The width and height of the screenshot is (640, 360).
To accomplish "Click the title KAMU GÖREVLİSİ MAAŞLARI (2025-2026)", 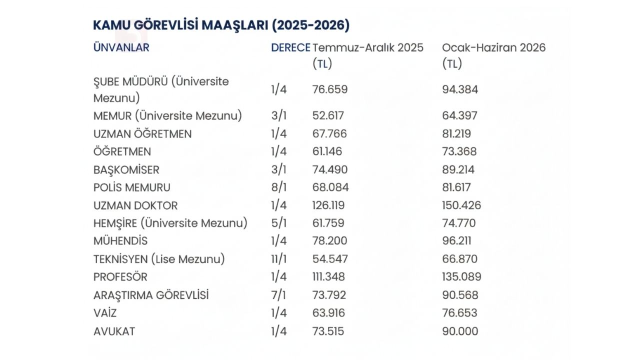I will point(221,25).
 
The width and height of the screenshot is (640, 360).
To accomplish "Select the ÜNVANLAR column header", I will point(121,48).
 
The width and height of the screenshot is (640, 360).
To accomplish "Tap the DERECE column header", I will point(290,48).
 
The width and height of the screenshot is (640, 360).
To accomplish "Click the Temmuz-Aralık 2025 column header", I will point(367,48).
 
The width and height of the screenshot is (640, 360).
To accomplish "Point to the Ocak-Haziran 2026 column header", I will point(493,48).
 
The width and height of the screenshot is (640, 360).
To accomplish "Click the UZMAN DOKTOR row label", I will point(135,205).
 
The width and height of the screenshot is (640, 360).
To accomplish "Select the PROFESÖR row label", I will point(120,277).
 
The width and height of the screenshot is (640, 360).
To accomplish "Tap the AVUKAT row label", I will point(114,331).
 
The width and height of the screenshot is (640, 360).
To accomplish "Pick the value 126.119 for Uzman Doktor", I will point(328,205).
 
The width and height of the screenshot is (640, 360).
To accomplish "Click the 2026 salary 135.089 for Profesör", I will point(461,277).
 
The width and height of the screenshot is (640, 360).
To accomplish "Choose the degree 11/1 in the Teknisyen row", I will point(279,259).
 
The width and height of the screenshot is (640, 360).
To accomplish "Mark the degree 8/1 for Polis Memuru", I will point(278,187).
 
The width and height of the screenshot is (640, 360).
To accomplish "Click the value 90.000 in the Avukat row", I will point(460,331).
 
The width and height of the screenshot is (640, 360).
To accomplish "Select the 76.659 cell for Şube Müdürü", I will point(329,89).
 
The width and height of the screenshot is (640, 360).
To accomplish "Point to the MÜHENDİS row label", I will point(120,241).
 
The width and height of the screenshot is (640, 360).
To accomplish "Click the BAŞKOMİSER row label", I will point(126,169).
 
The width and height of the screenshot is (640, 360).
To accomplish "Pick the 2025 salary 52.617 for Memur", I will point(328,116).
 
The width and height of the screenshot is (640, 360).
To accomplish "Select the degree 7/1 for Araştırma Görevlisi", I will point(278,295).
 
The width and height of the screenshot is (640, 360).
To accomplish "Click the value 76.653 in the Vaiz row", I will point(459,313).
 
